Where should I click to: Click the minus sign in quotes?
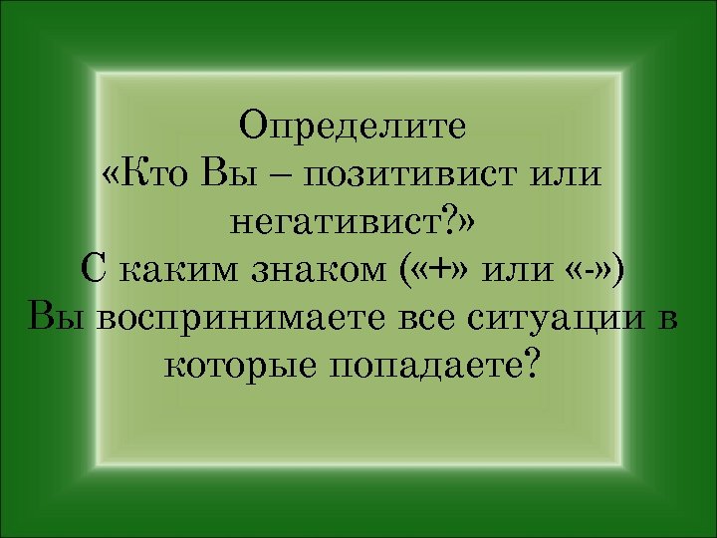point(592,271)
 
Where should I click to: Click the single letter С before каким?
point(91,270)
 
